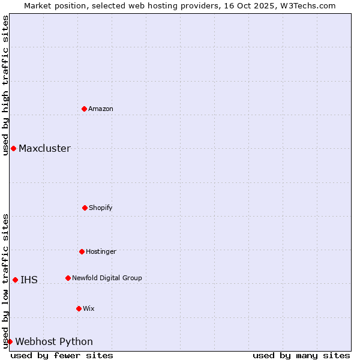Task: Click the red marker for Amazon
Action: [x=85, y=109]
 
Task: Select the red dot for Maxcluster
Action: [x=13, y=148]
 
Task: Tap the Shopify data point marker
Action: [x=85, y=208]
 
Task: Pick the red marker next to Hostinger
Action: [x=82, y=251]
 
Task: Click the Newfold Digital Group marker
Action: [x=68, y=278]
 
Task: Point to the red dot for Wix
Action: [x=79, y=308]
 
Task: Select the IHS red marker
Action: [x=15, y=280]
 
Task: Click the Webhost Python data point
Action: [x=10, y=341]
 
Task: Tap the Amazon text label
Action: [x=101, y=109]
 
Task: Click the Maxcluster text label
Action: [x=44, y=148]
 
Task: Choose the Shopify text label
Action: [x=101, y=208]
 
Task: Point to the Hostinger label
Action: [x=101, y=251]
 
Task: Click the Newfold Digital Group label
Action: [x=107, y=278]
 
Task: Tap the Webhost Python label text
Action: [x=54, y=341]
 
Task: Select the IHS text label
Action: [x=29, y=280]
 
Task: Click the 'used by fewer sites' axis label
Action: [x=62, y=355]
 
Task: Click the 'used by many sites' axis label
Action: [x=301, y=355]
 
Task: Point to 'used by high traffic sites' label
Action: [x=5, y=85]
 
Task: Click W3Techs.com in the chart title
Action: [x=307, y=5]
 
